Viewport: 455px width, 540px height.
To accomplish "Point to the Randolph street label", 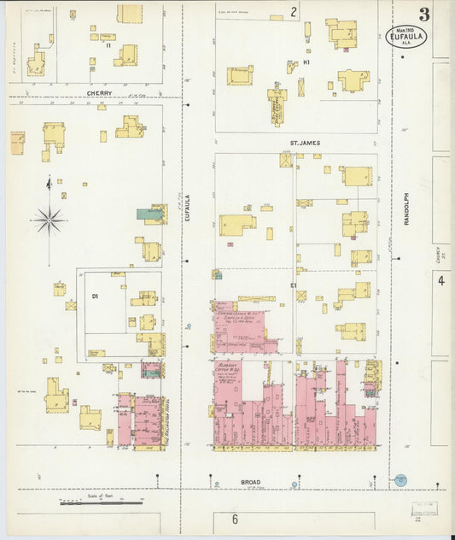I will (x=407, y=208).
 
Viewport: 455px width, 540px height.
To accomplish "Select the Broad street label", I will (x=226, y=482).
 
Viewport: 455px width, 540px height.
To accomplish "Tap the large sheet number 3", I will (x=423, y=15).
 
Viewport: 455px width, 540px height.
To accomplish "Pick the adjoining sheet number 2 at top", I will (x=293, y=11).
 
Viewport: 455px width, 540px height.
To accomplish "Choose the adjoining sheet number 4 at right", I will (x=441, y=280).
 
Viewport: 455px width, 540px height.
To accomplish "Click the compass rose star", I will (x=50, y=221).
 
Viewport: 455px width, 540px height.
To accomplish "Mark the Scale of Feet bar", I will (x=101, y=503).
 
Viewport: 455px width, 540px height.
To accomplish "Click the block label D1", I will (x=96, y=296).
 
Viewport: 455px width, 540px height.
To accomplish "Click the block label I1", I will (x=108, y=44).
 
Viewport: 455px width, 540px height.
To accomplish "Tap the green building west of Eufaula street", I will (x=150, y=214).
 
